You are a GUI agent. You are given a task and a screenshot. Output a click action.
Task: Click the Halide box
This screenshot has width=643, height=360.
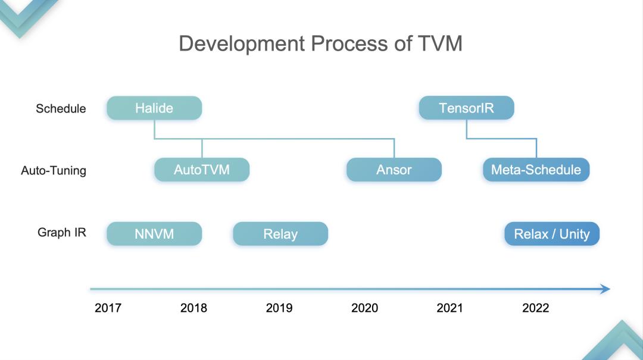pyautogui.click(x=154, y=108)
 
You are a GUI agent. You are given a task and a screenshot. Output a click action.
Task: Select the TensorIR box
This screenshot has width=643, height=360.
pyautogui.click(x=466, y=108)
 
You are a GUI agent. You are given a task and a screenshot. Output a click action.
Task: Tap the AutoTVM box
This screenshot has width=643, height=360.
pyautogui.click(x=202, y=170)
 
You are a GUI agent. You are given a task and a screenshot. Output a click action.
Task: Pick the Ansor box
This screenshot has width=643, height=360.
pyautogui.click(x=394, y=170)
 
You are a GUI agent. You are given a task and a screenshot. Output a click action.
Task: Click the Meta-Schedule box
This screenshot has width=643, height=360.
pyautogui.click(x=536, y=170)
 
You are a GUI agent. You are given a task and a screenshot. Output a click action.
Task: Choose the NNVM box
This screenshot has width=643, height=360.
pyautogui.click(x=154, y=234)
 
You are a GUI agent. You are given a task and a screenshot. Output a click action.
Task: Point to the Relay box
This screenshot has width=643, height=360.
pyautogui.click(x=280, y=234)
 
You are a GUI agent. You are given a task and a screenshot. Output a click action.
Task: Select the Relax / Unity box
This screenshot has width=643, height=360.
pyautogui.click(x=552, y=234)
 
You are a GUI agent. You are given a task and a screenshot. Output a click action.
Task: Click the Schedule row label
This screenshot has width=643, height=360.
pyautogui.click(x=61, y=109)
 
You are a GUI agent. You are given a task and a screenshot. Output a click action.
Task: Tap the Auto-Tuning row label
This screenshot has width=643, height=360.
pyautogui.click(x=54, y=171)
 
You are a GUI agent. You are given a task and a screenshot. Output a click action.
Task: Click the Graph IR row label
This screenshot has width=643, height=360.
pyautogui.click(x=62, y=233)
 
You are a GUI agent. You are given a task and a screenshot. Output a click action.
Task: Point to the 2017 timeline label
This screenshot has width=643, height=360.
pyautogui.click(x=108, y=308)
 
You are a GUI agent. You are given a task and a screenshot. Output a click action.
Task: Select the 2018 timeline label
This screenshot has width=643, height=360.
pyautogui.click(x=193, y=308)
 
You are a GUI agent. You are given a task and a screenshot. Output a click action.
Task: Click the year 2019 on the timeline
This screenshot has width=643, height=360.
pyautogui.click(x=279, y=308)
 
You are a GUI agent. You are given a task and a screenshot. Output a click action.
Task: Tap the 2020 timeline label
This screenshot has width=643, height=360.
pyautogui.click(x=364, y=308)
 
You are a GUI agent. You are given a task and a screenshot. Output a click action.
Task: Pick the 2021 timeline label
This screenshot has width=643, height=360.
pyautogui.click(x=450, y=308)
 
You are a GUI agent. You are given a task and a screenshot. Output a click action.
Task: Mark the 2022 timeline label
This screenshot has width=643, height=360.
pyautogui.click(x=535, y=308)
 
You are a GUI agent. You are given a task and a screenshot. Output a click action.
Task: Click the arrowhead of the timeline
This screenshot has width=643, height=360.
pyautogui.click(x=605, y=289)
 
